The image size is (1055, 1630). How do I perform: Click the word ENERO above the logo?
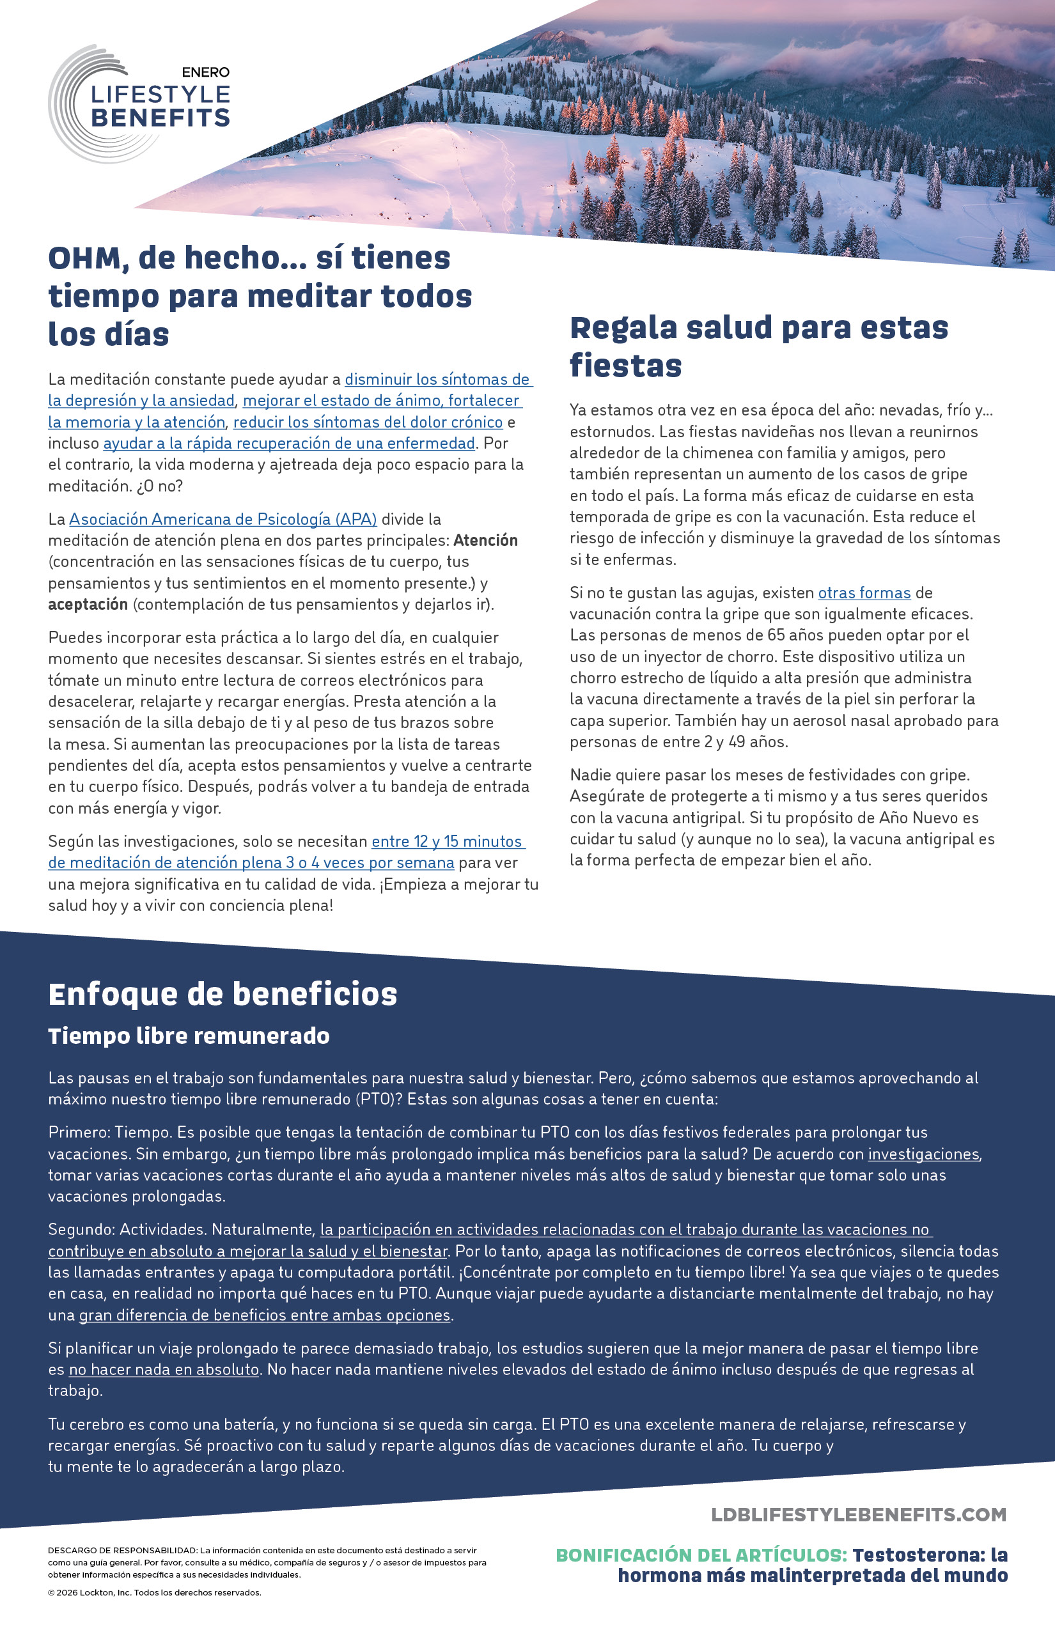coord(205,72)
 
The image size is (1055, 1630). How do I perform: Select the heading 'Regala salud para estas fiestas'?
coord(758,346)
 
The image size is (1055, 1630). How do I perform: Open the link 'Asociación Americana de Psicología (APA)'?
coord(223,519)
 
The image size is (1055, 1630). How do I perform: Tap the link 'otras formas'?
coord(864,593)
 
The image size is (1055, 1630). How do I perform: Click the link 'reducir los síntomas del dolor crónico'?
coord(368,422)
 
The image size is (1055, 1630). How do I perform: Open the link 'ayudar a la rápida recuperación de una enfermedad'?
coord(288,443)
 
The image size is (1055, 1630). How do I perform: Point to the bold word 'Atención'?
coord(485,540)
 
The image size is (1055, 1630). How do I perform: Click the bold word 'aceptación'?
coord(88,604)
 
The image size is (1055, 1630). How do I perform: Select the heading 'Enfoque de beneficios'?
coord(223,994)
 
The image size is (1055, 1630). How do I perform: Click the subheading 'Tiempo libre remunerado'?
coord(189,1036)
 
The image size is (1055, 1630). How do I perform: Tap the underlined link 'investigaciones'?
coord(923,1154)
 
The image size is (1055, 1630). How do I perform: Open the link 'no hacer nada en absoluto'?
coord(164,1369)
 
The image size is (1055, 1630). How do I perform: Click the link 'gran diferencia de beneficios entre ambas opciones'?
coord(265,1315)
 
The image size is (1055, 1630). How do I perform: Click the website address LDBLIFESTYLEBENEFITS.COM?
coord(858,1514)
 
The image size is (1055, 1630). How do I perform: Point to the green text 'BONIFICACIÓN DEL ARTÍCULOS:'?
coord(701,1555)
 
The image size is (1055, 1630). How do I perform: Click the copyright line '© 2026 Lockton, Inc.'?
coord(154,1592)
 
